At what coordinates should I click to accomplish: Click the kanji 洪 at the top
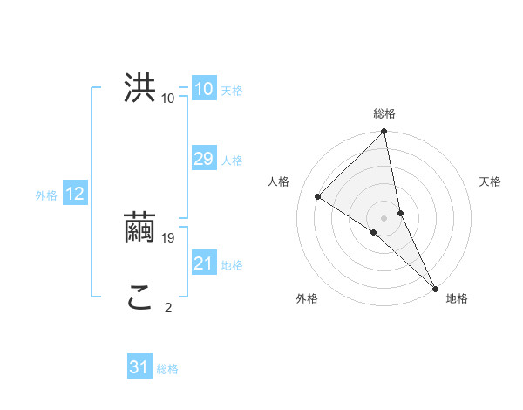[x=140, y=88]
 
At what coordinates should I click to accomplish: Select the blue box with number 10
[x=203, y=89]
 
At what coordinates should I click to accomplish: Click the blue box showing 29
[x=203, y=159]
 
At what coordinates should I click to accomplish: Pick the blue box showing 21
[x=203, y=263]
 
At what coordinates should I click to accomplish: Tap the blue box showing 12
[x=75, y=194]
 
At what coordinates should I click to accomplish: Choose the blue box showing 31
[x=139, y=367]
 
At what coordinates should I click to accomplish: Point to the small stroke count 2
[x=168, y=307]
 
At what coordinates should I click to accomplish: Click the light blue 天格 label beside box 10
[x=232, y=91]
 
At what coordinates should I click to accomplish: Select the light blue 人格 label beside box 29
[x=232, y=161]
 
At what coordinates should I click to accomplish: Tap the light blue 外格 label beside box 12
[x=46, y=195]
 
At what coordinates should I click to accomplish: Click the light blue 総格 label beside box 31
[x=167, y=369]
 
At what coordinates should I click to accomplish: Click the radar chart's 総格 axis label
[x=384, y=113]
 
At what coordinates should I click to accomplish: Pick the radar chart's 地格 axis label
[x=457, y=298]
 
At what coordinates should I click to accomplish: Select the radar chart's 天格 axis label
[x=490, y=181]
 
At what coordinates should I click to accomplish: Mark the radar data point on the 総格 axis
[x=384, y=132]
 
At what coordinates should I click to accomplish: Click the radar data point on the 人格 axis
[x=318, y=196]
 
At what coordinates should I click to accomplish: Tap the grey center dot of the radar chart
[x=384, y=217]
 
